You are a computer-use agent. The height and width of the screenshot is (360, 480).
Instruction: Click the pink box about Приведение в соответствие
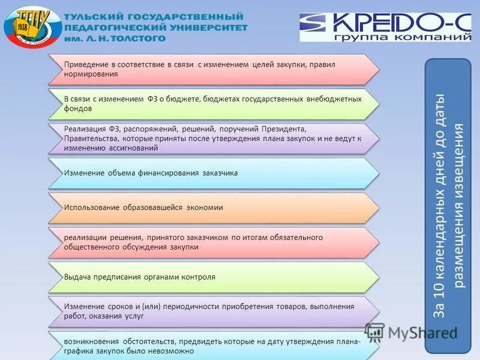pyautogui.click(x=213, y=69)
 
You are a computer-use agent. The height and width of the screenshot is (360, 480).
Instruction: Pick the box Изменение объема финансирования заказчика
pyautogui.click(x=213, y=173)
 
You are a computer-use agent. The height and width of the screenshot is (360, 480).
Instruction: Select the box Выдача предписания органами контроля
pyautogui.click(x=213, y=277)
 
